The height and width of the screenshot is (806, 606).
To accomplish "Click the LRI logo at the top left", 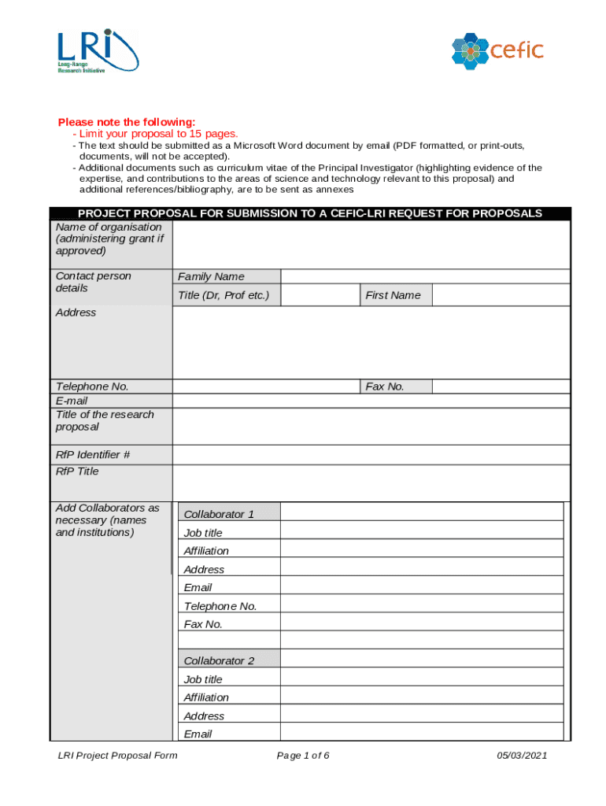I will (97, 51).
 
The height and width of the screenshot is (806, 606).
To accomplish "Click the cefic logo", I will (497, 50).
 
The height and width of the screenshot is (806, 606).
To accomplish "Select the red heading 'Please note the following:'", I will (126, 122).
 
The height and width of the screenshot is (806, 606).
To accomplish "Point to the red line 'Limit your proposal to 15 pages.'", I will (154, 134).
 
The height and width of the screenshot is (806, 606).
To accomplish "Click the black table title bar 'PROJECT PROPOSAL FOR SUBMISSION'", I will (309, 213).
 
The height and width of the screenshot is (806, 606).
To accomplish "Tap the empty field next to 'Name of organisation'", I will (371, 244).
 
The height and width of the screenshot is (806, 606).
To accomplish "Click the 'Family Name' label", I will (211, 276).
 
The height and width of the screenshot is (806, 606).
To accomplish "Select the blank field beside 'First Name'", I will (501, 295).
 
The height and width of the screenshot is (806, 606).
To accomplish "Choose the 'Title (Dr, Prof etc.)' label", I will (224, 295).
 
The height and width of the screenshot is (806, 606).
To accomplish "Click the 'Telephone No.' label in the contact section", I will (92, 386).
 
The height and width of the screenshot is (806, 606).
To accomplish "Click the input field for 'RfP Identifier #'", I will (371, 455).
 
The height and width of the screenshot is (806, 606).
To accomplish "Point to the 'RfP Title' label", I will (77, 471).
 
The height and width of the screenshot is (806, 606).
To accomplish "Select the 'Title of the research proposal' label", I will (105, 421).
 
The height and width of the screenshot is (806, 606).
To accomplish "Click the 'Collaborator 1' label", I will (219, 514).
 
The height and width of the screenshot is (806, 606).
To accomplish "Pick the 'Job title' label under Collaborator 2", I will (203, 679).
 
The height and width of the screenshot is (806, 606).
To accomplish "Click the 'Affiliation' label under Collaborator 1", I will (206, 551).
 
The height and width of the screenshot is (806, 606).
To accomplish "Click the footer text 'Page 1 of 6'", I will (303, 756).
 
